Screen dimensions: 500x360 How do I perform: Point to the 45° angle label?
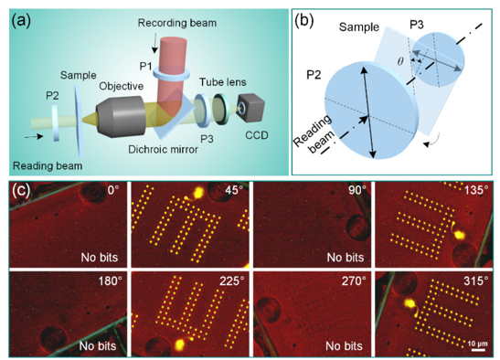pyautogui.click(x=234, y=192)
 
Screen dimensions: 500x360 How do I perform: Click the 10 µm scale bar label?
pyautogui.click(x=476, y=342)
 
